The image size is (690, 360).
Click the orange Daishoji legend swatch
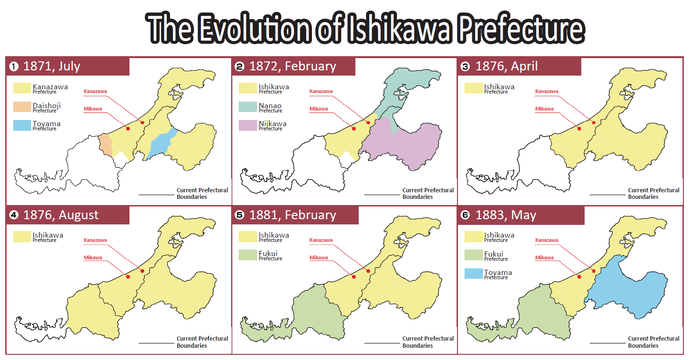[21, 107]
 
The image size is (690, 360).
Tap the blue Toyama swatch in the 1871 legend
[21, 127]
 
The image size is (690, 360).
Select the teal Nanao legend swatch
[245, 107]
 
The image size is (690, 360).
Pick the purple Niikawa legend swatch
[245, 127]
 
